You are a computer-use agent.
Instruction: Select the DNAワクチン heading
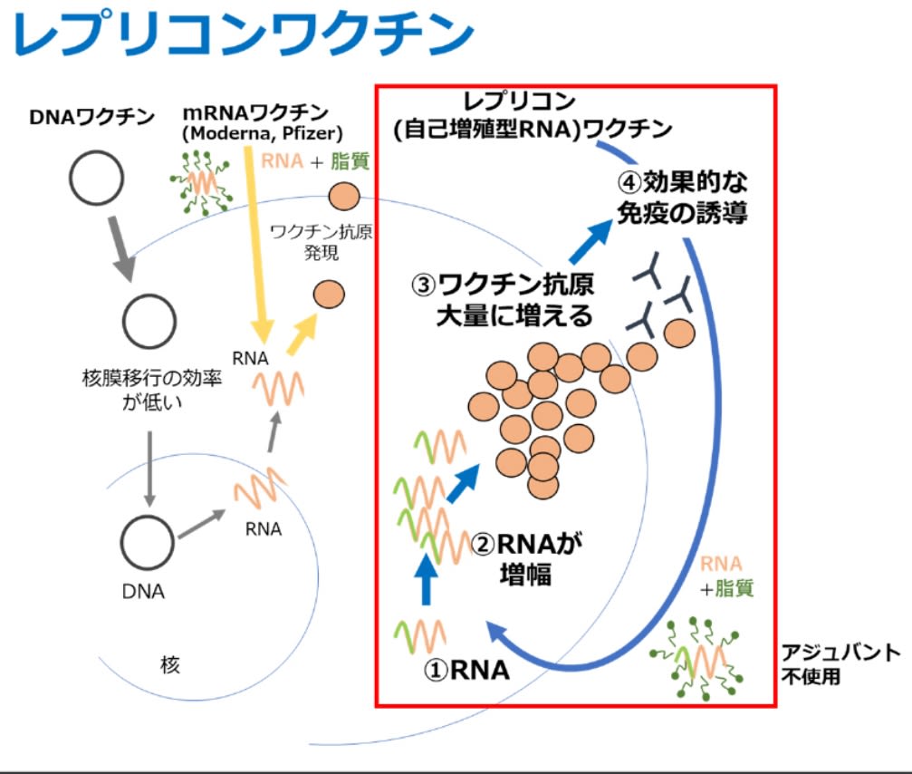[x=91, y=117]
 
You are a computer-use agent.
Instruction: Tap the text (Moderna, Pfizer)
[x=263, y=133]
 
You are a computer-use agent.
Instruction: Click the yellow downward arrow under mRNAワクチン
[x=256, y=245]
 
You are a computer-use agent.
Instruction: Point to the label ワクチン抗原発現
[x=322, y=242]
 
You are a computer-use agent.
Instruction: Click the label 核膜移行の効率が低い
[x=152, y=390]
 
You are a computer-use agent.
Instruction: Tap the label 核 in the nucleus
[x=170, y=664]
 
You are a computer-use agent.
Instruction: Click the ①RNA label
[x=466, y=670]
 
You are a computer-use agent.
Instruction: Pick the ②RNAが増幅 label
[x=526, y=559]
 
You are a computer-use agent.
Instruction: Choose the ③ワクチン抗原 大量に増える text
[x=503, y=300]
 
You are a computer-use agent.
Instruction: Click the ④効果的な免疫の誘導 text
[x=682, y=198]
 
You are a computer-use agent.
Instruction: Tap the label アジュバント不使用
[x=840, y=664]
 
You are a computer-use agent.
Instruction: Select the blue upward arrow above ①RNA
[x=427, y=578]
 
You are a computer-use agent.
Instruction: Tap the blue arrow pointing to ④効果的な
[x=590, y=241]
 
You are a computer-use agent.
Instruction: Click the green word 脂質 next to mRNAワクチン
[x=350, y=161]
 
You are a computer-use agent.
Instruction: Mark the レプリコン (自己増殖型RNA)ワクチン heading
[x=532, y=116]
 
